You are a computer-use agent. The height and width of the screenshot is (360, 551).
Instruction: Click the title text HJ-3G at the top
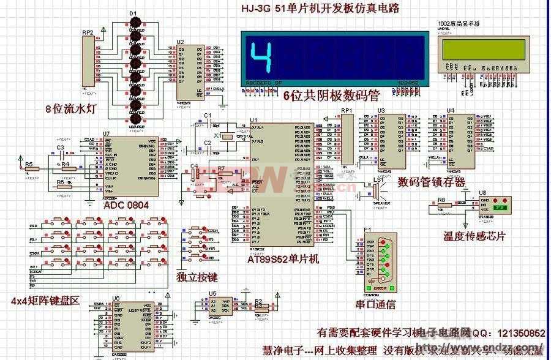[255, 8]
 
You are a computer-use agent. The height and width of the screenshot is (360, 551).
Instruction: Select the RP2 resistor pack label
[88, 32]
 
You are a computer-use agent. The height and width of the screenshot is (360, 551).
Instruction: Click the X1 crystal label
[217, 135]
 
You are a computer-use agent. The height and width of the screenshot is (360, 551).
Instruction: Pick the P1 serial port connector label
[367, 231]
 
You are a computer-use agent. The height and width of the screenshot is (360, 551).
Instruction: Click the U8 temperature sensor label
[482, 192]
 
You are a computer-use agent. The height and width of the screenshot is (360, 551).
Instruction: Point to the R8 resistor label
[441, 200]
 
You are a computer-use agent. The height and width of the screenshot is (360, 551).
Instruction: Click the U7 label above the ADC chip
[106, 133]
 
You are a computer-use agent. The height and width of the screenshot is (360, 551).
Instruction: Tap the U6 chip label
[115, 298]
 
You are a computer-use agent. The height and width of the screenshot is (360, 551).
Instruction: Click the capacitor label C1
[207, 115]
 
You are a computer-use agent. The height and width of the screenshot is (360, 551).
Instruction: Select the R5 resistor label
[29, 165]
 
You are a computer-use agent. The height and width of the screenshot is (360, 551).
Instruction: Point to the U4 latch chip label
[451, 110]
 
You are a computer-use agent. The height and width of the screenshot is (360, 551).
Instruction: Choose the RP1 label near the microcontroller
[347, 110]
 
